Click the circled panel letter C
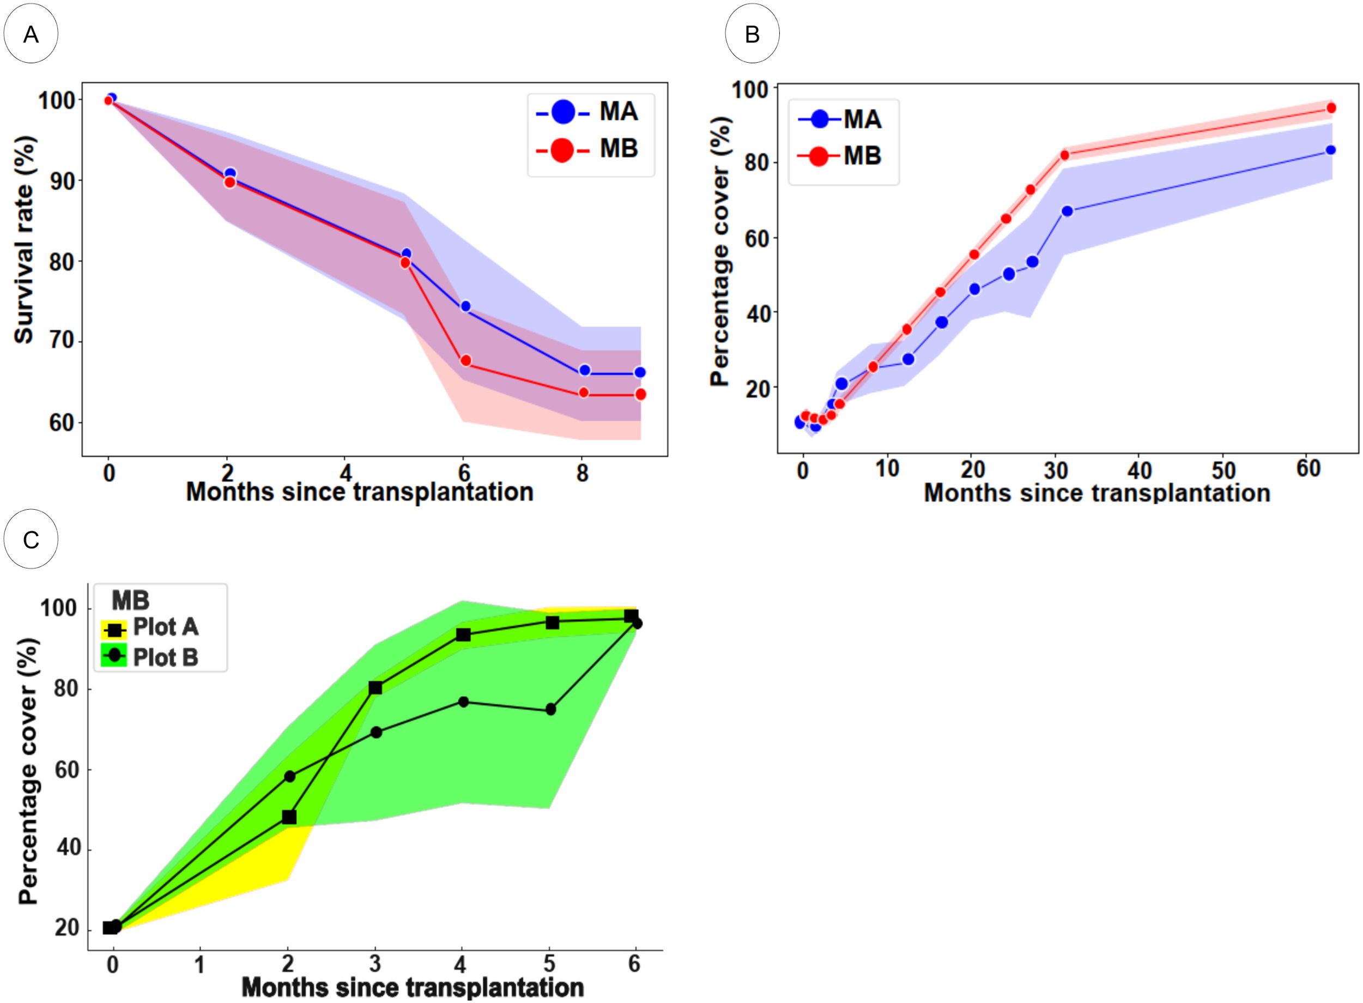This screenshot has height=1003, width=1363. point(31,539)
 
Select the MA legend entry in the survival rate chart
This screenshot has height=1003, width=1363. point(590,112)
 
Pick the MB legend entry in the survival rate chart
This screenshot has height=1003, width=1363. point(590,149)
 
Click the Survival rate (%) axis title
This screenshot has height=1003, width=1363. point(25,240)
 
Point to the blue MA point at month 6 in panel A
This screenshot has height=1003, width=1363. point(465,306)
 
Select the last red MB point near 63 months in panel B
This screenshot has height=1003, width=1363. point(1331,108)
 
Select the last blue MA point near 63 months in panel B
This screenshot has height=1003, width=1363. point(1330,150)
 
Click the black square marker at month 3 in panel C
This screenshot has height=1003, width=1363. point(375,687)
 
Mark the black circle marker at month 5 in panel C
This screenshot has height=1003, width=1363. point(550,709)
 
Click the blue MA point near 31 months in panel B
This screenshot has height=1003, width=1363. point(1067,210)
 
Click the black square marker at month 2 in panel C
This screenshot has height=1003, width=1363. point(289,817)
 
